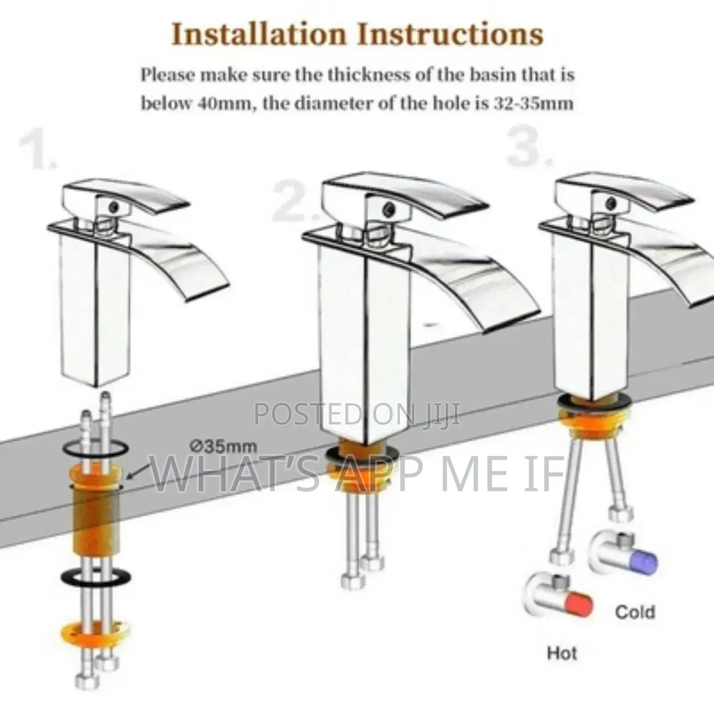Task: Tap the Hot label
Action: click(562, 653)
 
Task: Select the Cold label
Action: click(635, 612)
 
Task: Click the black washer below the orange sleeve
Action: click(96, 577)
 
